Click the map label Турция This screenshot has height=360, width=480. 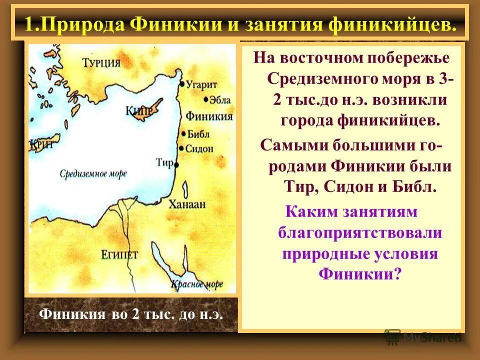tap(101, 62)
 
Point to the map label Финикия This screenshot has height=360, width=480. tap(209, 116)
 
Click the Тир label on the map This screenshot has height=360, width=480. tap(164, 163)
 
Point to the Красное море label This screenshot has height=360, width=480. tap(197, 284)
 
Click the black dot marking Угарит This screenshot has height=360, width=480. tap(181, 84)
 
